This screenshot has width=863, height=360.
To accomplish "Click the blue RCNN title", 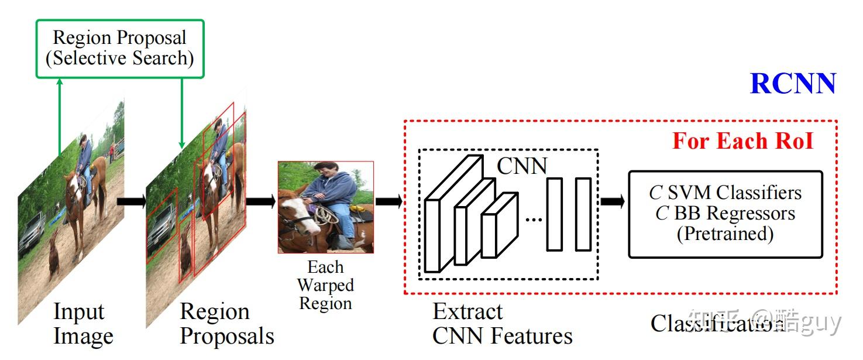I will [x=793, y=84].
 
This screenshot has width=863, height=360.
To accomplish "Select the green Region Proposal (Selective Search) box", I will [x=120, y=49].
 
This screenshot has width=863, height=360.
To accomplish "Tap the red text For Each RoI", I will [x=742, y=141].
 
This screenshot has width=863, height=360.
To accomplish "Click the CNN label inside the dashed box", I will [x=521, y=166].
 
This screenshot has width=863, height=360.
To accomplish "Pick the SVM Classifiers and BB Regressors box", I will [x=725, y=214].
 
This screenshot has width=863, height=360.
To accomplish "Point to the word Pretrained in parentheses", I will [x=725, y=234].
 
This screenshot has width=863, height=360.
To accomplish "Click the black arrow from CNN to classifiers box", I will [x=612, y=201].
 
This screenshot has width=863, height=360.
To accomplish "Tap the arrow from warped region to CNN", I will [x=388, y=201].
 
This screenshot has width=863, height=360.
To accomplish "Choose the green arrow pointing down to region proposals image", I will [x=182, y=114].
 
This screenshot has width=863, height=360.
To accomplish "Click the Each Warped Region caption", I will [x=325, y=286].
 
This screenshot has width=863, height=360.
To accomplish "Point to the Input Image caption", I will [x=82, y=324].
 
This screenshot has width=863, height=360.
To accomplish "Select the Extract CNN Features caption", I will [x=502, y=324].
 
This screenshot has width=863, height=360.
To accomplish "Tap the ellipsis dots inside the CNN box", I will [x=534, y=219].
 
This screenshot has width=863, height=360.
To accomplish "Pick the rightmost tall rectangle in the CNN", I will [x=583, y=214].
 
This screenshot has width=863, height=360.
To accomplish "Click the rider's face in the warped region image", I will [x=325, y=173].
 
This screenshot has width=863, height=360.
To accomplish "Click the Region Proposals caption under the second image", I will [x=226, y=324].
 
